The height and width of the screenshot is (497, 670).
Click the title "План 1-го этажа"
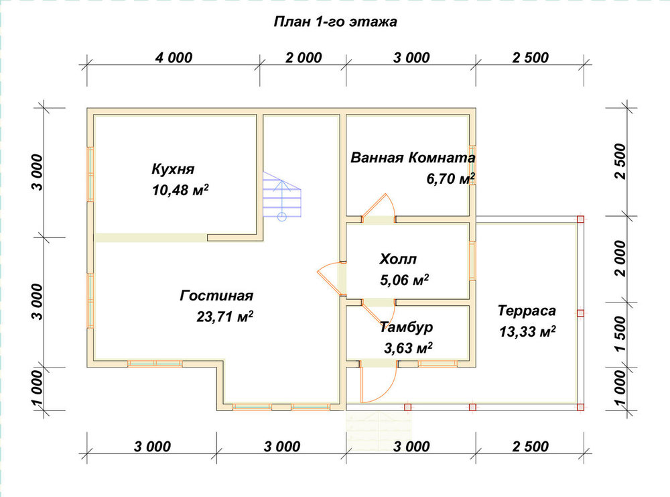336,21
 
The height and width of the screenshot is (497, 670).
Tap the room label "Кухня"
173,168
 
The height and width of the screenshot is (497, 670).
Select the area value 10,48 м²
180,189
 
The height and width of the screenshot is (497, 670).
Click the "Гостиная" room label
216,295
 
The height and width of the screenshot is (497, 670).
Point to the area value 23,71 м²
224,317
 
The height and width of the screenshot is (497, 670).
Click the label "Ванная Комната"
413,158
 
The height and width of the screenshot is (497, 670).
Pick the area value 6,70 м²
451,178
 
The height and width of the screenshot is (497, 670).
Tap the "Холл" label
398,259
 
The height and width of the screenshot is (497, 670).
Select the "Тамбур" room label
407,327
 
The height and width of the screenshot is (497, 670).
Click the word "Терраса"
527,310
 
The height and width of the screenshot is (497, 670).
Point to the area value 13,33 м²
528,331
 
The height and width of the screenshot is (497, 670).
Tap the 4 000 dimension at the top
174,57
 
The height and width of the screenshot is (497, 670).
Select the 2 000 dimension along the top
304,57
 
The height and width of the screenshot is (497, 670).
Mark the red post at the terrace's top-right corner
580,219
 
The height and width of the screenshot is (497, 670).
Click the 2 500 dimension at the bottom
530,446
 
